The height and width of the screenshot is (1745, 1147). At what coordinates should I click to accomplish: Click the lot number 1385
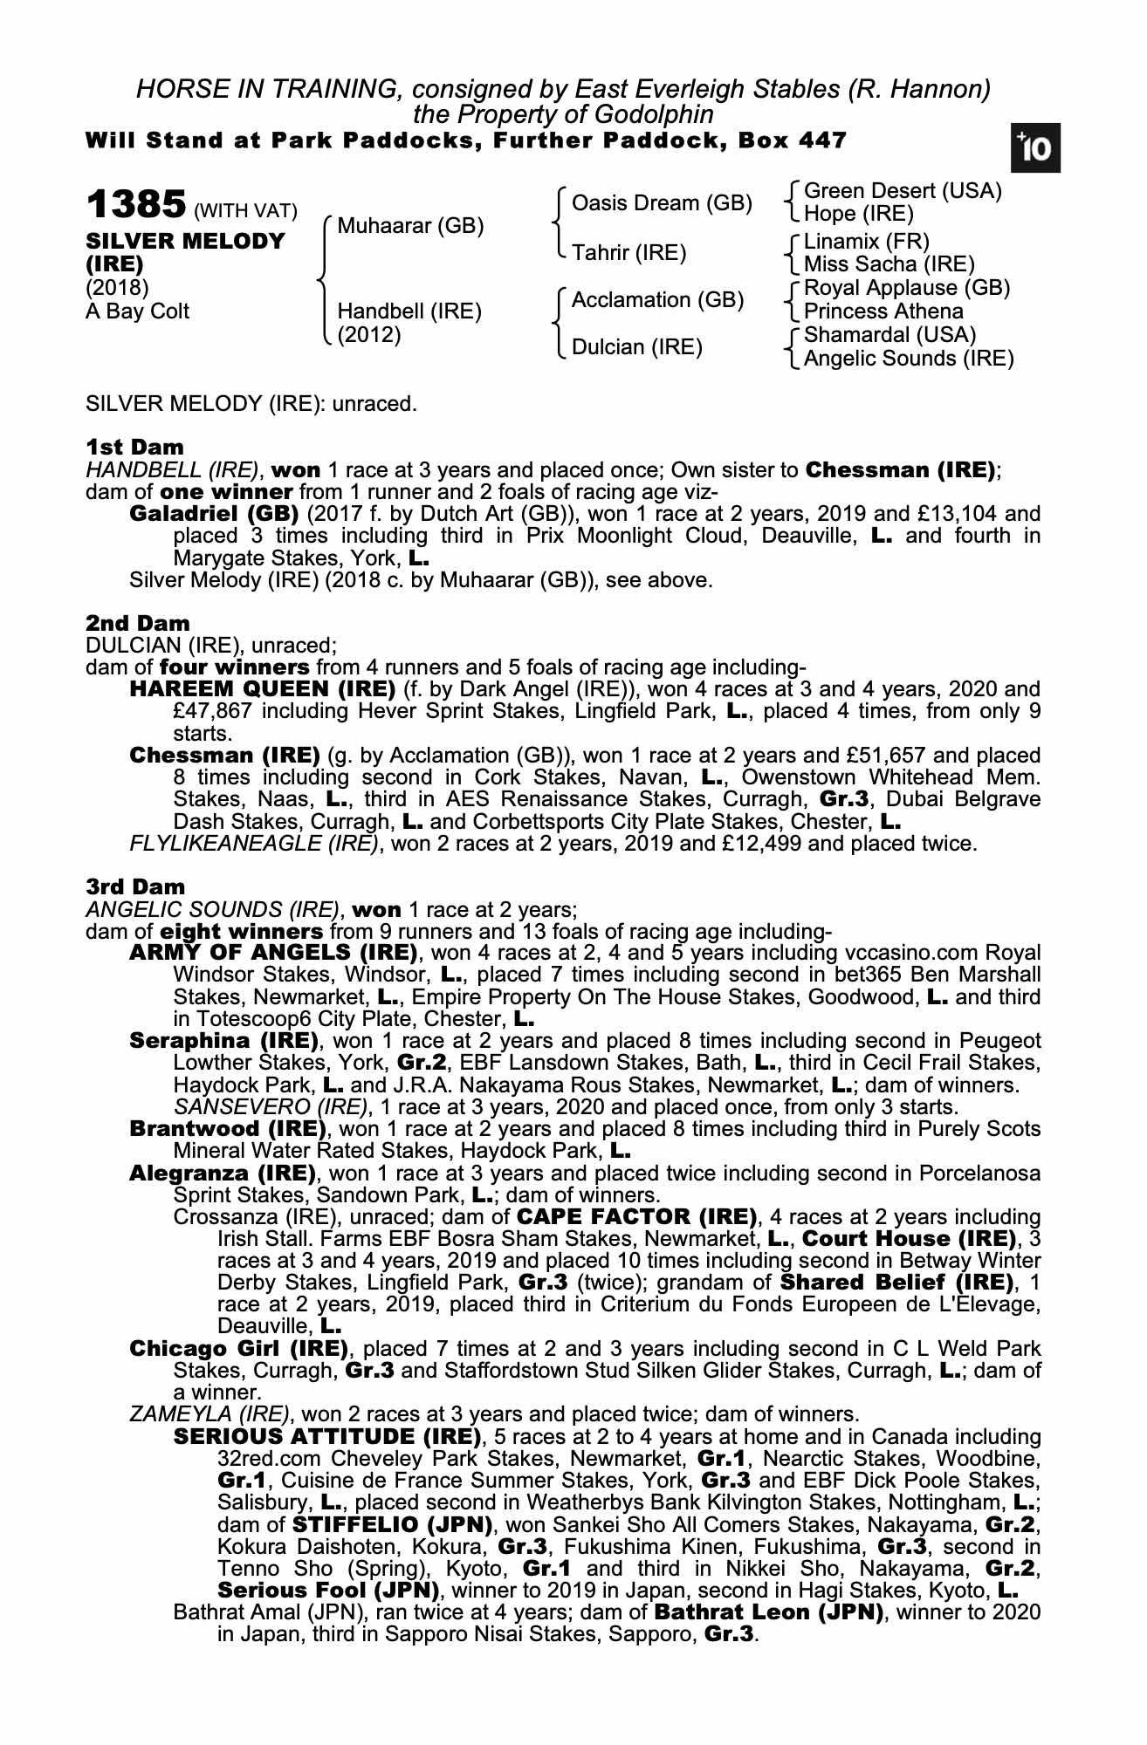pos(135,205)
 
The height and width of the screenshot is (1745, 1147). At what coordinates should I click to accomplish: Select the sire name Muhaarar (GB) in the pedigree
pos(409,226)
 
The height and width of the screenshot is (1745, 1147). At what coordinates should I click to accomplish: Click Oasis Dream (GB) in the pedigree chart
pos(661,203)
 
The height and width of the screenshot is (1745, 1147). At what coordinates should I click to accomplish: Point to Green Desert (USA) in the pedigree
pos(902,191)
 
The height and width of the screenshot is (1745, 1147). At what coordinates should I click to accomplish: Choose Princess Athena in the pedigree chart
pos(883,311)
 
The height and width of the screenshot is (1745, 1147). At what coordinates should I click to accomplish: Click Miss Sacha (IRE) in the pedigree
pos(889,264)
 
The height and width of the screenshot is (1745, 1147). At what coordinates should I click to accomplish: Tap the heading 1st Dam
pos(134,448)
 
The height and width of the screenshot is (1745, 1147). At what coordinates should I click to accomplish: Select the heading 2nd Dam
pos(137,623)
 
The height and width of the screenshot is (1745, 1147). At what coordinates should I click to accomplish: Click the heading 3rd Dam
pos(135,886)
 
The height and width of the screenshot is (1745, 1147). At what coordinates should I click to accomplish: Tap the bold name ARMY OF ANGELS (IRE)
pos(271,952)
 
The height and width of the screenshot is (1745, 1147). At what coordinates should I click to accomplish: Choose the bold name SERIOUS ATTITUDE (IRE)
pos(327,1436)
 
